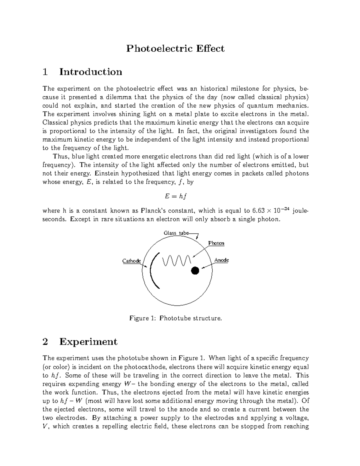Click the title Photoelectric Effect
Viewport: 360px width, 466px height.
[175, 49]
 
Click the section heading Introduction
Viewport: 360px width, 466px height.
[91, 72]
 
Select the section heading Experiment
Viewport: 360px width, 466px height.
[88, 342]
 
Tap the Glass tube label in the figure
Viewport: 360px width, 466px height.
[176, 233]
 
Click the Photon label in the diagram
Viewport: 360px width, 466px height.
[216, 243]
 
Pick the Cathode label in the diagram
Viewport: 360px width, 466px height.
[131, 261]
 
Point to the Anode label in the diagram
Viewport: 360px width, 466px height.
[222, 260]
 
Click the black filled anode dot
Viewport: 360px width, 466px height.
[195, 270]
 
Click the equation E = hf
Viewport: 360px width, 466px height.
[175, 197]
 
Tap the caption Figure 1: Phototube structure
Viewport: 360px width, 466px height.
[175, 318]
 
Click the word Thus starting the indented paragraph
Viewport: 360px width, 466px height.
[61, 156]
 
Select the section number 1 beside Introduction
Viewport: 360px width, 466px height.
[45, 72]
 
